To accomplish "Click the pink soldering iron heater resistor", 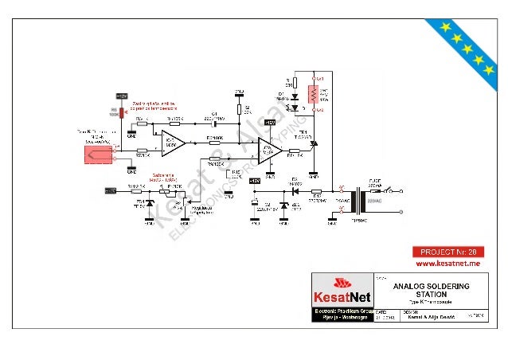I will pos(313,94).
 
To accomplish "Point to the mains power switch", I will pos(391,192).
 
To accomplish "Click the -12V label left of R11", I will pos(112,190).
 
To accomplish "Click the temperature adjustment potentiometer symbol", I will pos(166,191).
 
